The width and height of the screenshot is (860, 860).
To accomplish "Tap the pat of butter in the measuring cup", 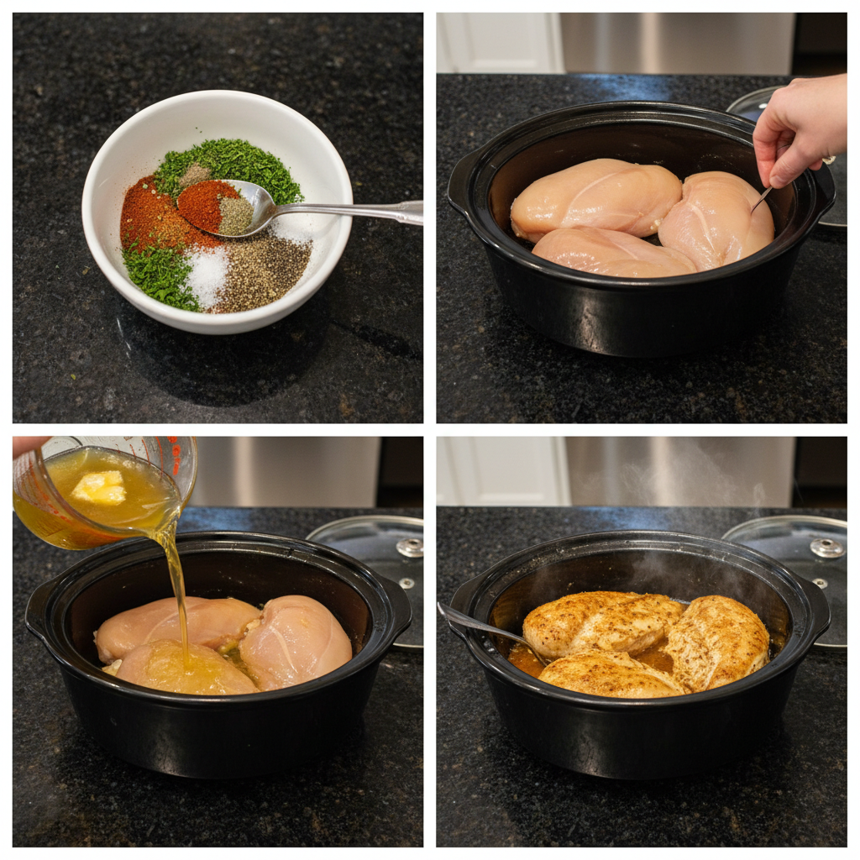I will pyautogui.click(x=99, y=487).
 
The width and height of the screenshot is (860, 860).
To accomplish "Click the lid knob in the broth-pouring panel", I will pyautogui.click(x=410, y=548).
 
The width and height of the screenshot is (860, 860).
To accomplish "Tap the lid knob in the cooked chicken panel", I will pyautogui.click(x=826, y=548).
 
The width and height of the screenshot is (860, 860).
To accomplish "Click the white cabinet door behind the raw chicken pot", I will pyautogui.click(x=499, y=42).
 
